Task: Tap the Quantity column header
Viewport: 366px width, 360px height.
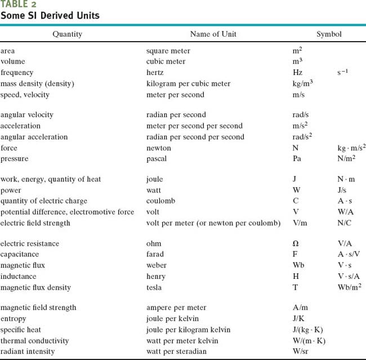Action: coord(67,34)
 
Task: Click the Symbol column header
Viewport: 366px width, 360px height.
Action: coord(328,34)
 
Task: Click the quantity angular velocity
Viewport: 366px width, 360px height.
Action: coord(27,115)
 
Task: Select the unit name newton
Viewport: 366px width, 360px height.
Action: coord(159,148)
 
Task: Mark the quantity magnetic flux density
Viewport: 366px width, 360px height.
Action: coord(36,288)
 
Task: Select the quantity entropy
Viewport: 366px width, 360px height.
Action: coord(14,319)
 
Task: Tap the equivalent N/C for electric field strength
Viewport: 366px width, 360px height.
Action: coord(337,223)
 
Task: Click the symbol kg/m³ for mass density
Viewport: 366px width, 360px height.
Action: coord(299,83)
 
